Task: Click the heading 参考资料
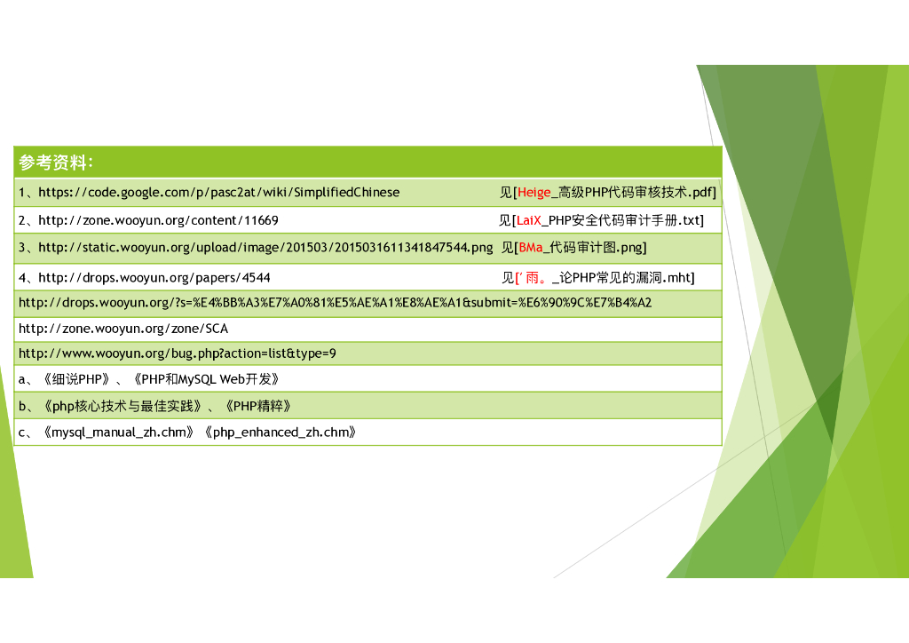click(x=55, y=163)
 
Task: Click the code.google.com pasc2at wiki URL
click(x=218, y=193)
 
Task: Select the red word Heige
click(x=534, y=193)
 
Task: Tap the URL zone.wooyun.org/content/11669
click(x=158, y=220)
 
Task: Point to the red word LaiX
click(x=529, y=220)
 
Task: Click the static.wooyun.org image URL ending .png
click(x=265, y=247)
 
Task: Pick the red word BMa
click(x=531, y=247)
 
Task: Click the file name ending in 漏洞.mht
click(x=626, y=278)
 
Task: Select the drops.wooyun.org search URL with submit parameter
click(x=335, y=303)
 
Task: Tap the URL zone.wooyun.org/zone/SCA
click(x=123, y=329)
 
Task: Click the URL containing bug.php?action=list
click(x=178, y=353)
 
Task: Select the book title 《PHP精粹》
click(x=258, y=407)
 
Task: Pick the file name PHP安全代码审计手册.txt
click(x=625, y=220)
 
